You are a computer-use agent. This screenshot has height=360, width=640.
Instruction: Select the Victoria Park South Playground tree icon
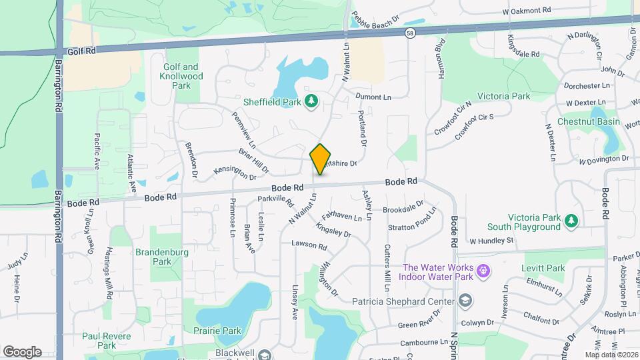(570, 221)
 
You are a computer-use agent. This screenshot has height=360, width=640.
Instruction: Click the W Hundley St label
(492, 240)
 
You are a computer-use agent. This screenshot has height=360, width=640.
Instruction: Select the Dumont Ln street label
(373, 97)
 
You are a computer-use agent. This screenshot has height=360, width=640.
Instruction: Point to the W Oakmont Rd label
(527, 11)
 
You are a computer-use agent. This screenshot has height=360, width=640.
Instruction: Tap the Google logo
(22, 351)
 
